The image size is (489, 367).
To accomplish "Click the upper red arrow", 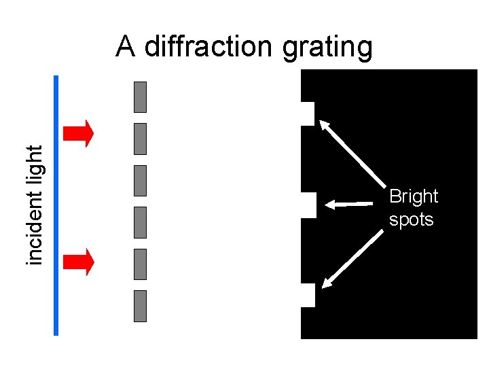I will click(x=77, y=133).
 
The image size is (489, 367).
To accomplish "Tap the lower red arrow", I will click(x=77, y=262).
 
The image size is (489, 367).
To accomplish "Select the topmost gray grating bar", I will click(x=141, y=97).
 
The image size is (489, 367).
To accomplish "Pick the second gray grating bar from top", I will click(x=141, y=139).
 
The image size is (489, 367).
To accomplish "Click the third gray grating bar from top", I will click(x=141, y=180).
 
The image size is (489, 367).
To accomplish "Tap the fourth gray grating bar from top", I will click(x=141, y=222).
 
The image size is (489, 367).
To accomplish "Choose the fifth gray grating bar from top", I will click(x=141, y=264).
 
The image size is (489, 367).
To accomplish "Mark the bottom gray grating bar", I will click(x=141, y=306).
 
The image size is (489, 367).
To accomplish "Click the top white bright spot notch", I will click(x=308, y=113).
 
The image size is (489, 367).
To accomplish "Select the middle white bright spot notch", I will click(x=308, y=205).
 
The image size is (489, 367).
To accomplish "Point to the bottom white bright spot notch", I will click(x=308, y=296).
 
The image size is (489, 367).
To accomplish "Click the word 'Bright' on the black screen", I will click(x=414, y=196).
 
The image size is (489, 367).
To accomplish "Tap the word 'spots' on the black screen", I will click(x=411, y=220).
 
